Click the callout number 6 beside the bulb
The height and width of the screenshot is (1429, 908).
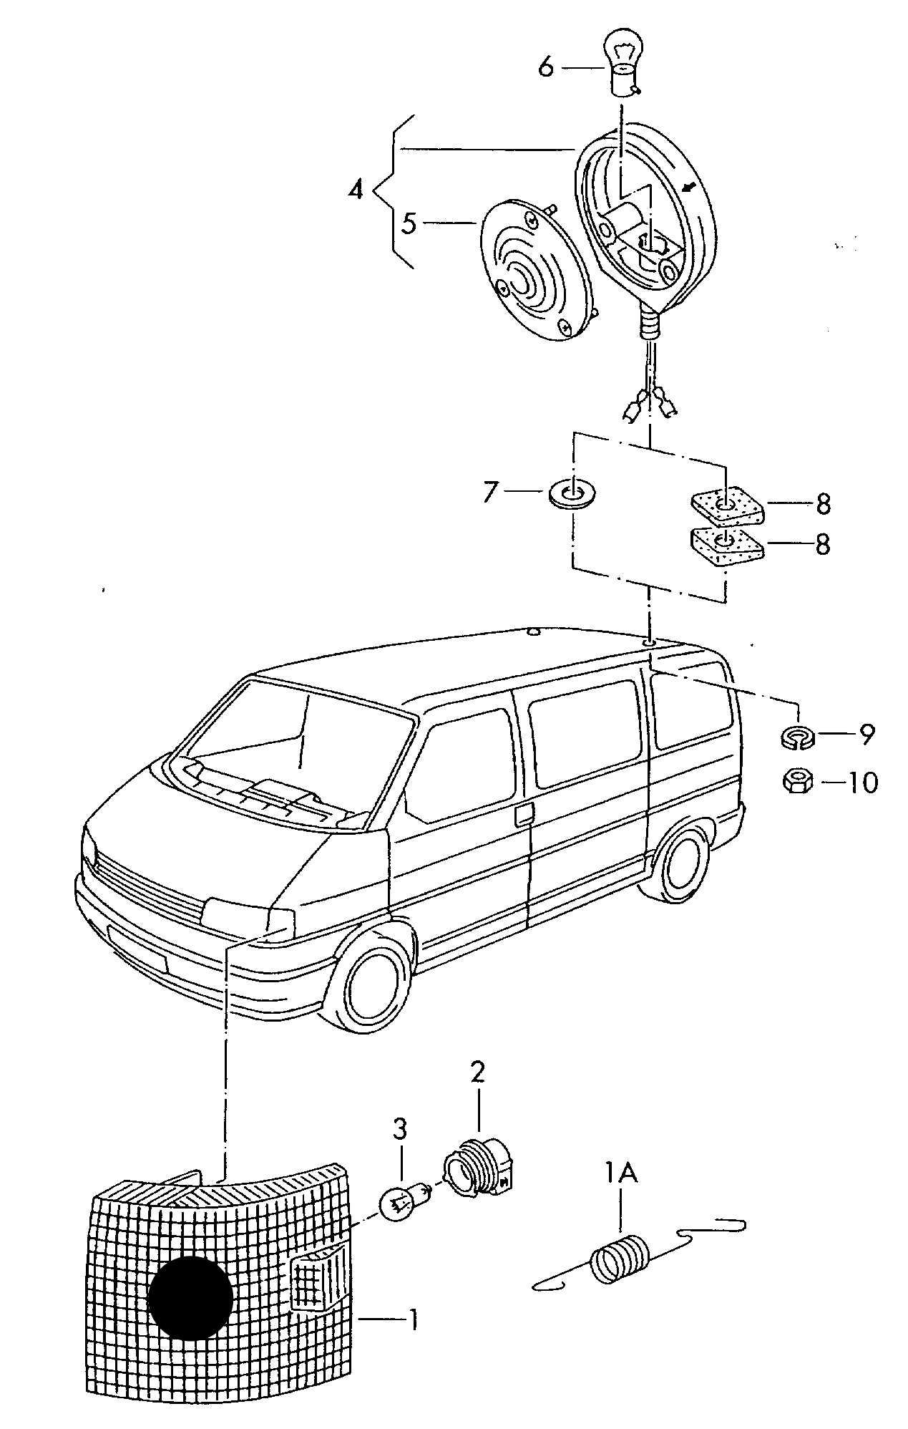(546, 67)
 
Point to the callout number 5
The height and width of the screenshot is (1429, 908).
(408, 223)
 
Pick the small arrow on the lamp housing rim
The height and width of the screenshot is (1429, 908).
(688, 188)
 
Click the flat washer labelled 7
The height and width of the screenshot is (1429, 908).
(573, 493)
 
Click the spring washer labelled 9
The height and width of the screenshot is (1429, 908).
(797, 737)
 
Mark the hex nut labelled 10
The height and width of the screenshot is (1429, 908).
(797, 782)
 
